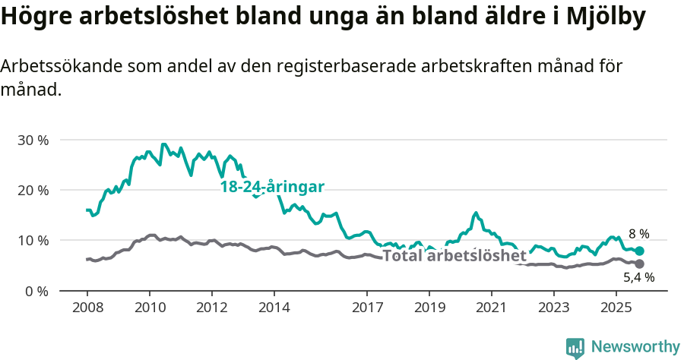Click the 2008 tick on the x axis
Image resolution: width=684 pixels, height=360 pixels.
(87, 308)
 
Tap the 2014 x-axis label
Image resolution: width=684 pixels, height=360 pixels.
(274, 308)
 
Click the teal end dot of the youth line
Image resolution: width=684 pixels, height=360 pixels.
(640, 251)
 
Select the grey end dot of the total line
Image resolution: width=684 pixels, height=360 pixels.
(640, 264)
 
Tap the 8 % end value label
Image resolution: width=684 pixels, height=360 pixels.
(638, 234)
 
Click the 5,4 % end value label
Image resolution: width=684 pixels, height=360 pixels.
(638, 279)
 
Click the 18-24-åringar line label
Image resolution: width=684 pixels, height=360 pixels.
(272, 187)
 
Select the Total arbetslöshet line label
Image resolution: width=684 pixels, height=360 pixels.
(454, 256)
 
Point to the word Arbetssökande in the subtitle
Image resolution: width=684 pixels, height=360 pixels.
(52, 67)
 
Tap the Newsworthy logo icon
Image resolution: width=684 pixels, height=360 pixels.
(575, 348)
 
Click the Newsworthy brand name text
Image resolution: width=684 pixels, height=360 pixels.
(635, 347)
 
